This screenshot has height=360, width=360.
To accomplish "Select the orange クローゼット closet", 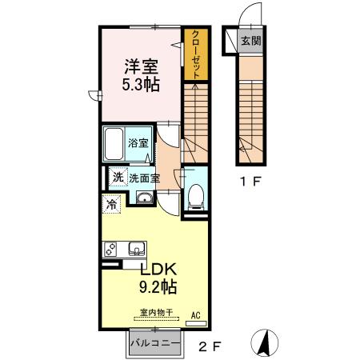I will click(194, 54).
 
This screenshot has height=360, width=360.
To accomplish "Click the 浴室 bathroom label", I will click(138, 144).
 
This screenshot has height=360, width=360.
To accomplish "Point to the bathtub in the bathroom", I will click(114, 144).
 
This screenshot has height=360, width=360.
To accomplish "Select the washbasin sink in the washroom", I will click(144, 198).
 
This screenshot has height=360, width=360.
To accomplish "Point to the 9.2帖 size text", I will click(159, 286).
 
